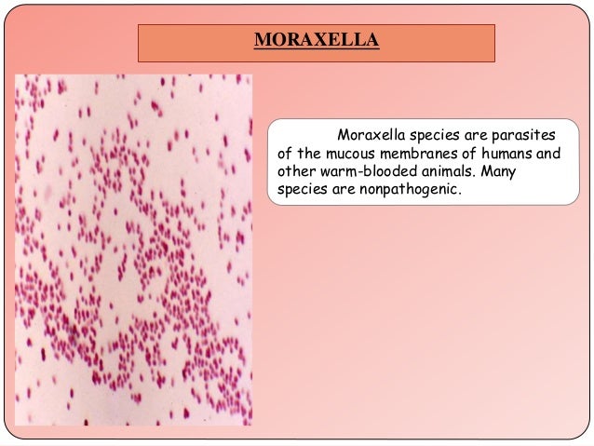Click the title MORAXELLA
coord(316,42)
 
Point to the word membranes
coord(420,154)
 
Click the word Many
coord(507,172)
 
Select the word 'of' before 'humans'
coord(469,154)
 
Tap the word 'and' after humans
coord(548,154)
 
